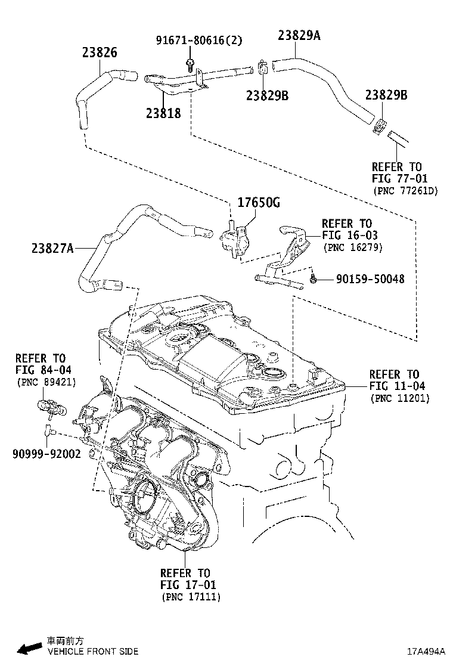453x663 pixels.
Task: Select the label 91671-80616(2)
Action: tap(191, 41)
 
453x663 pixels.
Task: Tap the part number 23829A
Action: tap(299, 35)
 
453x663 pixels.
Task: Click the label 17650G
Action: tap(259, 203)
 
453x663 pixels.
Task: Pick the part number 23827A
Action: tap(52, 248)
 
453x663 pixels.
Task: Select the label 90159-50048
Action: tap(370, 278)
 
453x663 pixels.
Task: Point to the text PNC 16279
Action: tap(352, 247)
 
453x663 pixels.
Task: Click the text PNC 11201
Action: tap(399, 398)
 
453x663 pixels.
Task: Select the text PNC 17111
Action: tap(190, 596)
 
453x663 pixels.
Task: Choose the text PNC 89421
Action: tap(46, 382)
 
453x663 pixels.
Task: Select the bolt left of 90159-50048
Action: tap(314, 278)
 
